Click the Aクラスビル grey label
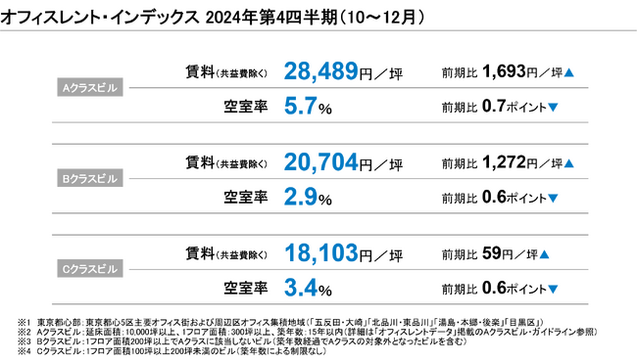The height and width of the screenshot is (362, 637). coord(89,88)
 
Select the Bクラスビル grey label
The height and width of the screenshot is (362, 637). coord(89,179)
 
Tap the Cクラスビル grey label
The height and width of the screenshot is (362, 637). coord(89,271)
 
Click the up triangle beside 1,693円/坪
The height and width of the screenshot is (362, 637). coord(569,73)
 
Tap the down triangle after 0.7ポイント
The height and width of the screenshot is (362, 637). coord(554,108)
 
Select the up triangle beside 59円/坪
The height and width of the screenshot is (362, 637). coord(543,255)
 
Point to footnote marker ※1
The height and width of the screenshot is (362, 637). coord(24,321)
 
